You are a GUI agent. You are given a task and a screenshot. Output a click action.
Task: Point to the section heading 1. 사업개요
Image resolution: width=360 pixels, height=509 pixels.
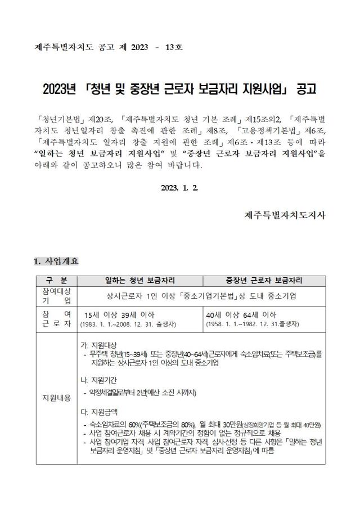pos(56,261)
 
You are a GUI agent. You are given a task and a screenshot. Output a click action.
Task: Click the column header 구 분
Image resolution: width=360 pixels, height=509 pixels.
pos(56,280)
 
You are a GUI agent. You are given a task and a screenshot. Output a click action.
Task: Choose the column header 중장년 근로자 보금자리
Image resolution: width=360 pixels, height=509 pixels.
pos(264,280)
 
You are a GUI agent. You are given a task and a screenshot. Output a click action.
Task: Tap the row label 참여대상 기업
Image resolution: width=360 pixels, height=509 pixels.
pos(56,295)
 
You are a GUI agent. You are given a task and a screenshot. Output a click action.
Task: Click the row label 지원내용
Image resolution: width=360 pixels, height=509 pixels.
pos(56,398)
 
